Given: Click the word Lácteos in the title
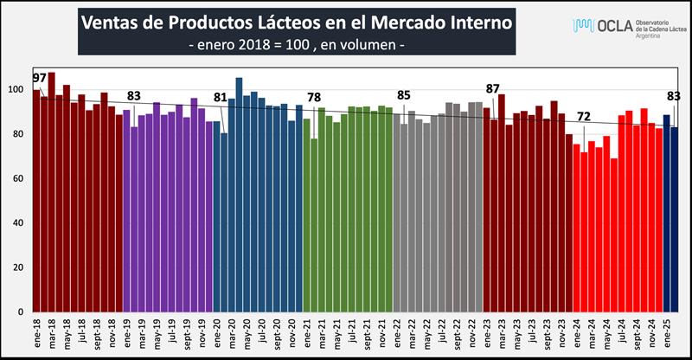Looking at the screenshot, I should [x=304, y=21].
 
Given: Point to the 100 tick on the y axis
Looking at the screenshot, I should [x=21, y=89].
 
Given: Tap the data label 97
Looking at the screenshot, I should [x=40, y=78].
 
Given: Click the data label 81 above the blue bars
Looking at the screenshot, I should [x=221, y=96].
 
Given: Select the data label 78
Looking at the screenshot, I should [x=314, y=96].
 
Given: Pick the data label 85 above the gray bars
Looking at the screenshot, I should [x=404, y=94].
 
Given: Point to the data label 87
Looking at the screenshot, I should [x=493, y=88].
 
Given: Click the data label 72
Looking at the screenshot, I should [x=584, y=116].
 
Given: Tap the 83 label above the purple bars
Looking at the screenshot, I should [x=133, y=94].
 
